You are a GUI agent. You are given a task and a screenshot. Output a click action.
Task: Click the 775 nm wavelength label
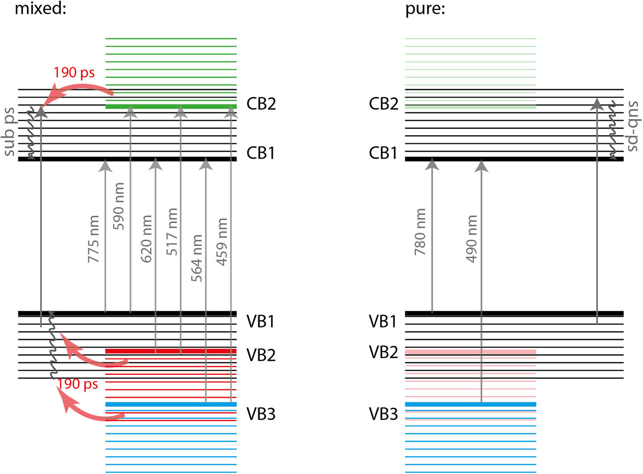[x=94, y=239]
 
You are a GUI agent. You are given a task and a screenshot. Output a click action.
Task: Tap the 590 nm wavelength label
[x=118, y=206]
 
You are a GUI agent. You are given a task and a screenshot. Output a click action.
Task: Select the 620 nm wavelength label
[x=146, y=239]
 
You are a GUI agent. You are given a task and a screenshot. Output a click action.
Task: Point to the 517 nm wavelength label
[x=171, y=231]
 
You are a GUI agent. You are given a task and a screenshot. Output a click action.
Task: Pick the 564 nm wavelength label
[x=197, y=258]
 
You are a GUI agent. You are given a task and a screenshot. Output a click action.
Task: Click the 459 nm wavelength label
[x=222, y=241]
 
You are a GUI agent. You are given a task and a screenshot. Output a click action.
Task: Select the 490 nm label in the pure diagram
[x=471, y=239]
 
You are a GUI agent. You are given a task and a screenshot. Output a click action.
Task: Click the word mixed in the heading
[x=40, y=8]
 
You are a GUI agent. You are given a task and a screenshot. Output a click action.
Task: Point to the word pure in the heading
[x=425, y=9]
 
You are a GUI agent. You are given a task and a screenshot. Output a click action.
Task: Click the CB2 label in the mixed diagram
[x=261, y=104]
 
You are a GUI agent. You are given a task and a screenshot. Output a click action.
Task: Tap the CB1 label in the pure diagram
[x=383, y=153]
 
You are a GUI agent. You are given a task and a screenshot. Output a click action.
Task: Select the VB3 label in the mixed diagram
[x=261, y=414]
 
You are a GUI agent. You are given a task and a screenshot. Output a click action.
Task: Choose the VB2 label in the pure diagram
[x=383, y=352]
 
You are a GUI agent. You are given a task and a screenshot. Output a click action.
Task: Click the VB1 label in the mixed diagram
[x=260, y=321]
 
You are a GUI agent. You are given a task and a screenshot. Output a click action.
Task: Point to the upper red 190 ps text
[x=74, y=73]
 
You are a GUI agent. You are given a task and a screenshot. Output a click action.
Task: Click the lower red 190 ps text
[x=78, y=383]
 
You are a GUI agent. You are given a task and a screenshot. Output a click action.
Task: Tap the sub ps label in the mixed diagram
[x=9, y=131]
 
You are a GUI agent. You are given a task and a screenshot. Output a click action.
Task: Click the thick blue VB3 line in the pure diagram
[x=470, y=405]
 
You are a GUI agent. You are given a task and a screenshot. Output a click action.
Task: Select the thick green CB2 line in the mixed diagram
[x=171, y=107]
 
